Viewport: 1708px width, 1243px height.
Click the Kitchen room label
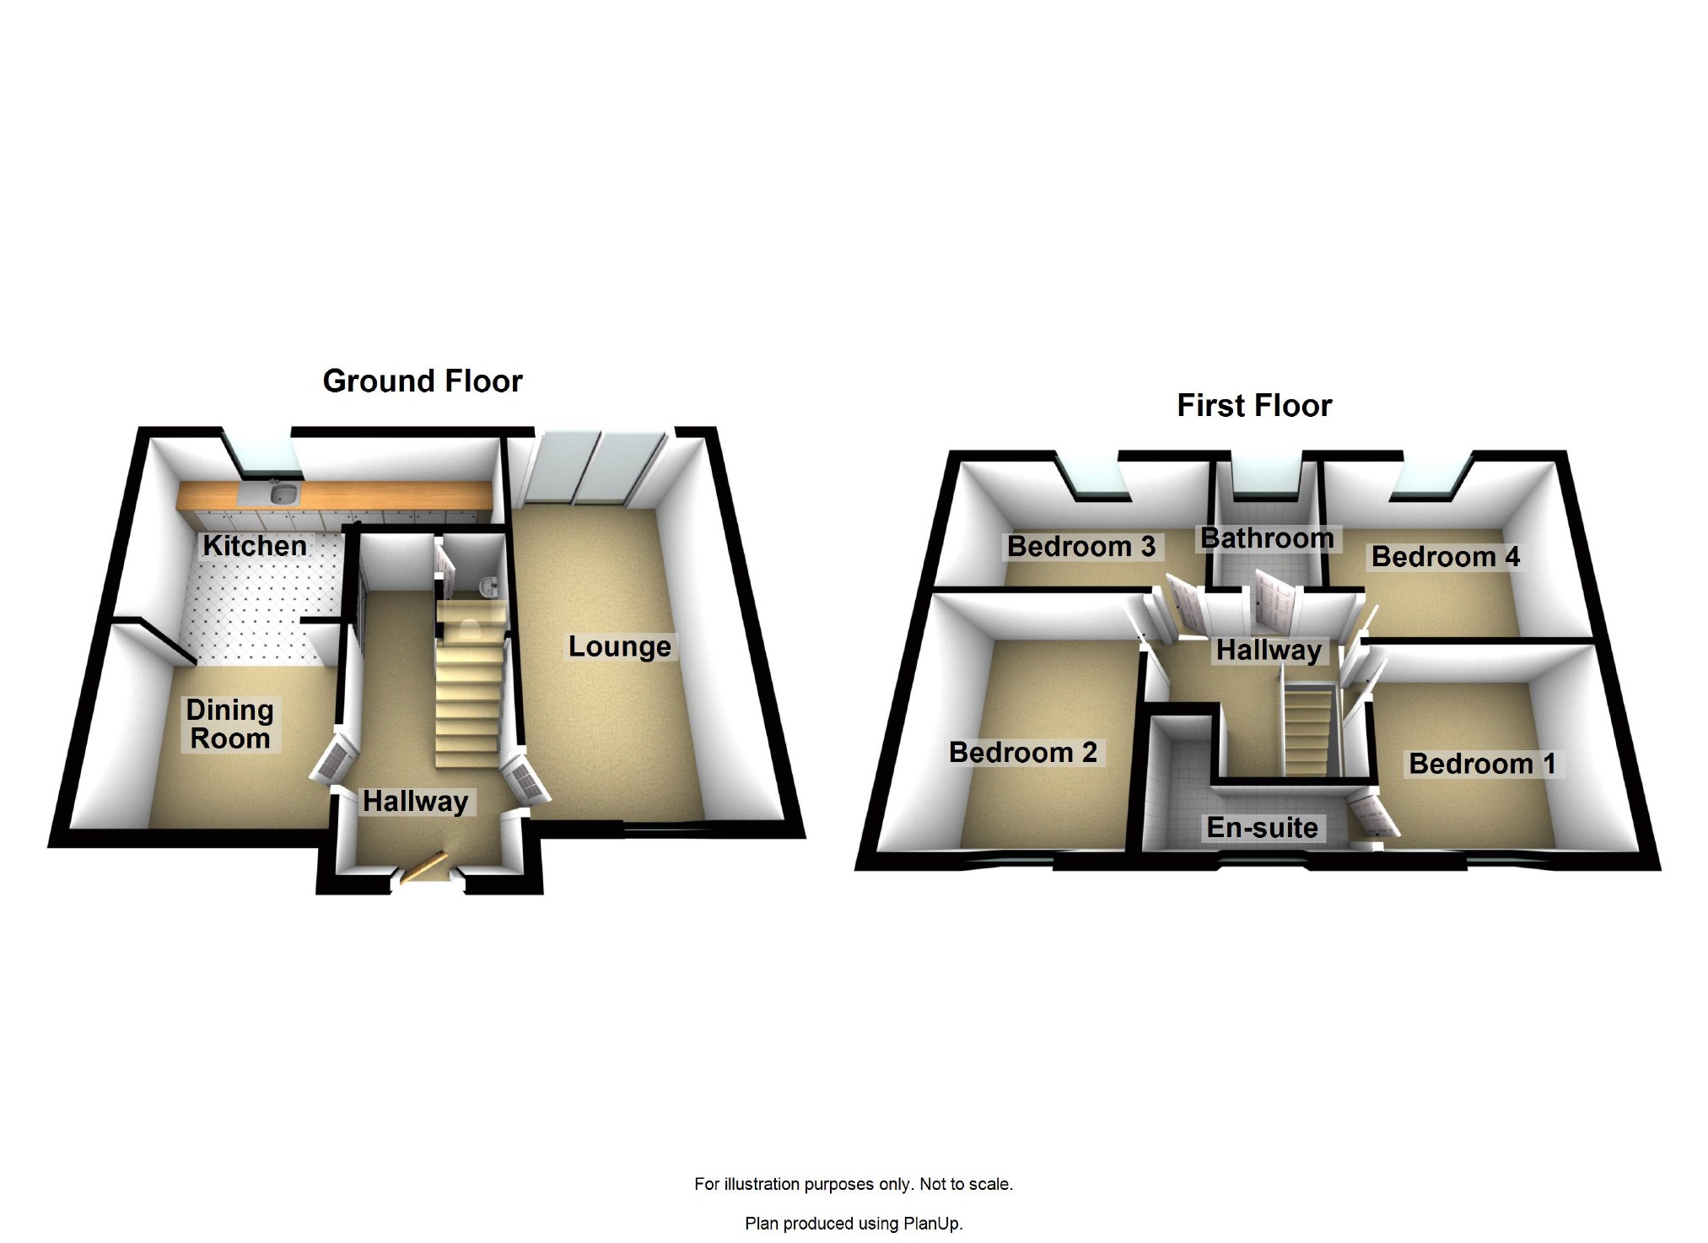pyautogui.click(x=255, y=546)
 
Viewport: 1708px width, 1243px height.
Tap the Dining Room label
pyautogui.click(x=229, y=724)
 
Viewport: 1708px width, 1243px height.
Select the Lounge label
pyautogui.click(x=619, y=646)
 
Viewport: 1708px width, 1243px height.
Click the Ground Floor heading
pyautogui.click(x=423, y=381)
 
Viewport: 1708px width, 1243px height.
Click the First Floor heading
pyautogui.click(x=1254, y=406)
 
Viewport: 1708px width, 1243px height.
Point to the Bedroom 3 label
pyautogui.click(x=1081, y=546)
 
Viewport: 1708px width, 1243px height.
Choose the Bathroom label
pyautogui.click(x=1267, y=538)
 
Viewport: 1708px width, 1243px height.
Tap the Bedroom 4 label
pyautogui.click(x=1446, y=557)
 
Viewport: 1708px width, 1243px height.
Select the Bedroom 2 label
pyautogui.click(x=1023, y=752)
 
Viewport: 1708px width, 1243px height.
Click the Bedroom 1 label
pyautogui.click(x=1482, y=764)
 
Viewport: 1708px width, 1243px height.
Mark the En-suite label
pyautogui.click(x=1262, y=828)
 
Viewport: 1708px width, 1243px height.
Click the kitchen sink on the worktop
pyautogui.click(x=281, y=493)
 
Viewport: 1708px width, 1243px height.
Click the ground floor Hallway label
pyautogui.click(x=415, y=801)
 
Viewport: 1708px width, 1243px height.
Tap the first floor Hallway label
pyautogui.click(x=1269, y=651)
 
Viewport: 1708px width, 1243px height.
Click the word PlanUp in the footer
pyautogui.click(x=931, y=1223)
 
